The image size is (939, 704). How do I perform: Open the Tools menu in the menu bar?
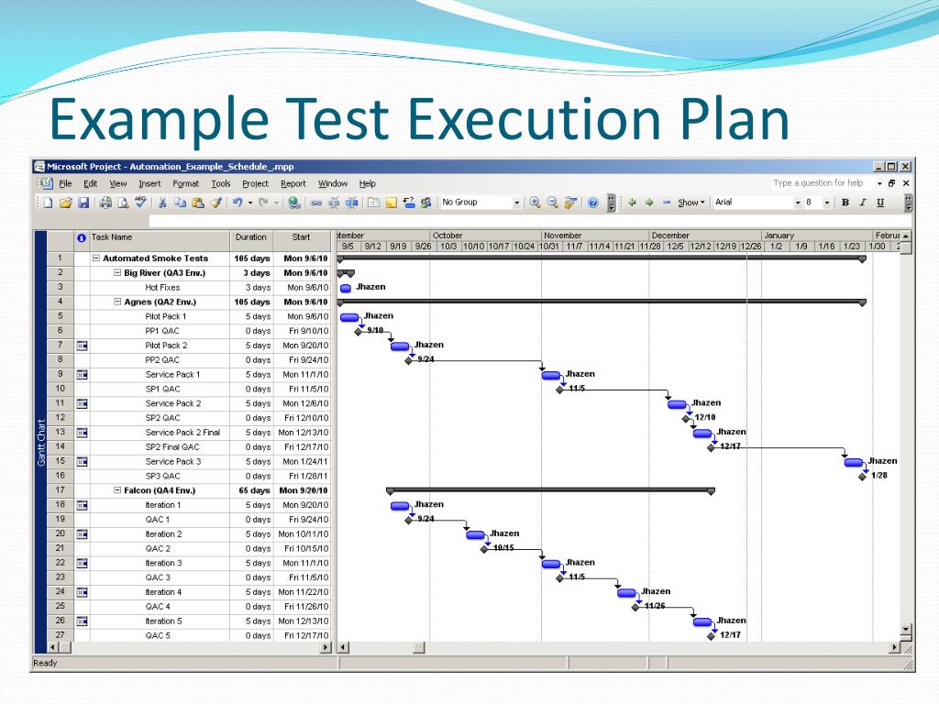click(221, 183)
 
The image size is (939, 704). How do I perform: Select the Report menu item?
click(293, 183)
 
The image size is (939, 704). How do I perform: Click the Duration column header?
click(250, 236)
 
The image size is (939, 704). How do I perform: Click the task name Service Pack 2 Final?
click(182, 433)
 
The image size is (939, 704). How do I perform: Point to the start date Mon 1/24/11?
click(304, 461)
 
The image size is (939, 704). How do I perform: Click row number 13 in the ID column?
click(60, 432)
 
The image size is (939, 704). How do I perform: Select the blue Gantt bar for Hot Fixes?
click(346, 288)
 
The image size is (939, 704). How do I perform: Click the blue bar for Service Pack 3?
click(854, 462)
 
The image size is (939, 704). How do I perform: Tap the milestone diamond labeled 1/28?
click(862, 477)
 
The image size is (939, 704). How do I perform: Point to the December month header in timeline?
click(670, 236)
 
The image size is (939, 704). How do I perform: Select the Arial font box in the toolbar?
click(751, 203)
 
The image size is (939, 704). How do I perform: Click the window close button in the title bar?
click(905, 166)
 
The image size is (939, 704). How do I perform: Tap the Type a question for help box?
click(818, 183)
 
